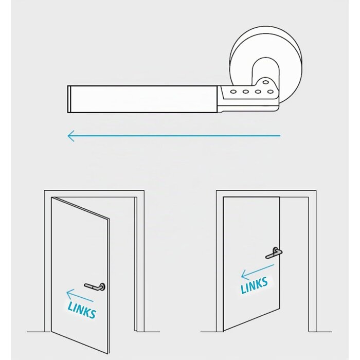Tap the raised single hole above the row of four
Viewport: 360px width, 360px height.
266,82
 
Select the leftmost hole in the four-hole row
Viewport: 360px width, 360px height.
233,92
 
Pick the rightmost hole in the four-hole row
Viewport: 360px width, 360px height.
270,92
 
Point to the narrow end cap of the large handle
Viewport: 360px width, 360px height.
69,99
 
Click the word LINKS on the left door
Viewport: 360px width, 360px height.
82,310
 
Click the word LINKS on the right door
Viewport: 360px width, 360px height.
254,285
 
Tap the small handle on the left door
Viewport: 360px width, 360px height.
95,286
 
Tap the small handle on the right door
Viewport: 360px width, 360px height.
274,253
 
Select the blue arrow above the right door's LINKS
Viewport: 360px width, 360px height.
258,272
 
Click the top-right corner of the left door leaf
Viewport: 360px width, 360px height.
109,219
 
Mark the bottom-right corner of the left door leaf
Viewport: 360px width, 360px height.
109,354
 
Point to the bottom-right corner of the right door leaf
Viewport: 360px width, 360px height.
280,309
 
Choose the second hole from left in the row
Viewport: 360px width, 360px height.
246,92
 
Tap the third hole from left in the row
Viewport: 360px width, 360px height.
258,92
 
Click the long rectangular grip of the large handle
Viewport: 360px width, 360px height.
143,99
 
